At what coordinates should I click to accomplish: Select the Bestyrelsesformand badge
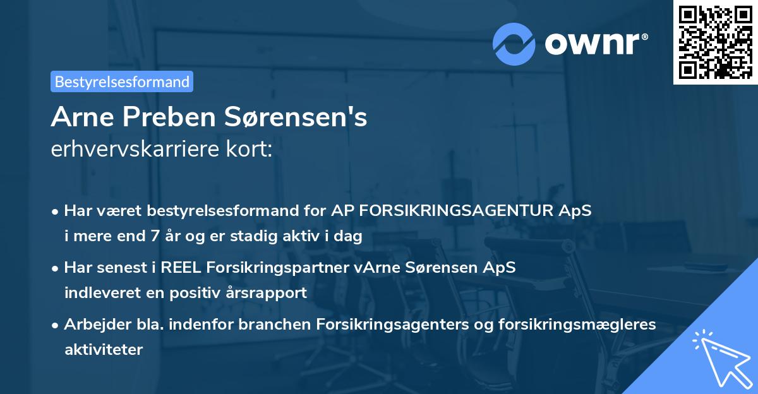point(122,81)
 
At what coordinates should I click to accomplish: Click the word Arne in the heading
point(79,118)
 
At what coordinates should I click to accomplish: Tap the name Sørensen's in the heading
point(294,118)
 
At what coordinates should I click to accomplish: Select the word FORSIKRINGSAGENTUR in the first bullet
point(457,211)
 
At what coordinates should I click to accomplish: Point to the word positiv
point(201,293)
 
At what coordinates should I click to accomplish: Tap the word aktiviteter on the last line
point(104,349)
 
